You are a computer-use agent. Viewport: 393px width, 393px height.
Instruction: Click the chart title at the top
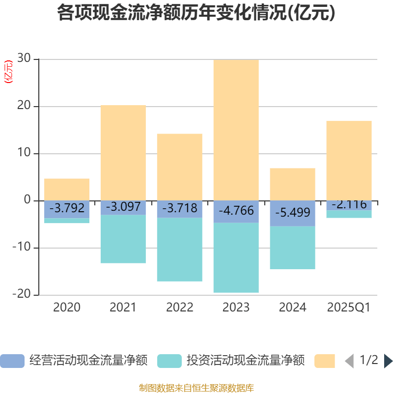click(196, 13)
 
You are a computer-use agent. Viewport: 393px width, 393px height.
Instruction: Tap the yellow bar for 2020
click(67, 189)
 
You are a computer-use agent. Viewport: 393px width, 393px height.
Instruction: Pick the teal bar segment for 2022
click(179, 250)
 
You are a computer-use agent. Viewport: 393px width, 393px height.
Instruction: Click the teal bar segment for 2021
click(123, 239)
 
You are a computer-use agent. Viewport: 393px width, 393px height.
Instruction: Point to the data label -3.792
click(67, 207)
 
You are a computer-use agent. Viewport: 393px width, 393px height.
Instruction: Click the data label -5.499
click(292, 213)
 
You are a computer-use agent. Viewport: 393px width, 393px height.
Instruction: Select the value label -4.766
click(236, 211)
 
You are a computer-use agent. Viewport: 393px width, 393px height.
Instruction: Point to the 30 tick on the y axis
click(25, 59)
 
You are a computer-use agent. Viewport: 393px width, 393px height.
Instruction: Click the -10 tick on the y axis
click(22, 248)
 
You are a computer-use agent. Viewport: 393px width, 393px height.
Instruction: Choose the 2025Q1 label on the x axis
click(349, 308)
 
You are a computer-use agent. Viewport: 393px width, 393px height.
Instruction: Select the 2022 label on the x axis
click(179, 308)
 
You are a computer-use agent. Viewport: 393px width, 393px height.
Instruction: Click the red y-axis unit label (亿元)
click(8, 72)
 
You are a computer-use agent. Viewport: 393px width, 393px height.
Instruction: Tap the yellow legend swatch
click(324, 361)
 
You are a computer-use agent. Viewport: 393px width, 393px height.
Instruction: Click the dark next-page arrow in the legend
click(388, 361)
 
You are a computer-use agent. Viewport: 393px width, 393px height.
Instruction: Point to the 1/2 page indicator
click(368, 360)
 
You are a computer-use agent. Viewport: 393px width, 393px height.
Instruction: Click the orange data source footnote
click(196, 388)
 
